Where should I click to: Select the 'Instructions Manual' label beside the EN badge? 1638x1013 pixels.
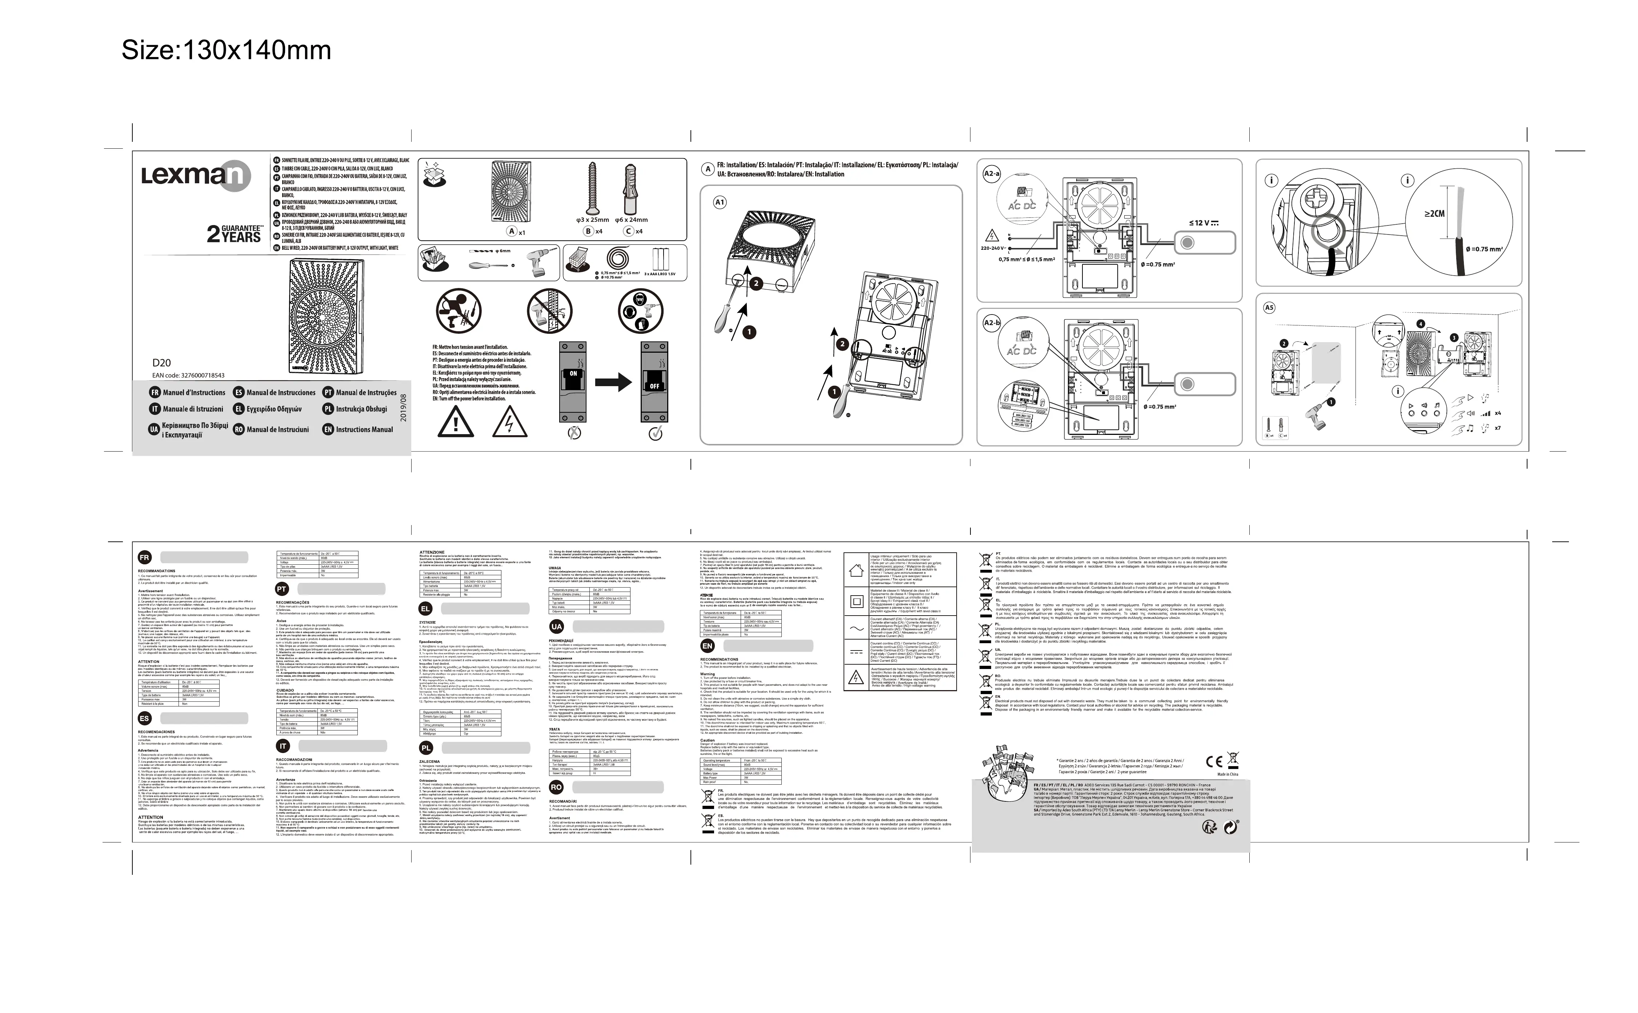364,429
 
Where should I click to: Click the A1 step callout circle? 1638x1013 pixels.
720,202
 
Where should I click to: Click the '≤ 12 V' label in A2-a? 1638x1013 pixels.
1203,223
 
